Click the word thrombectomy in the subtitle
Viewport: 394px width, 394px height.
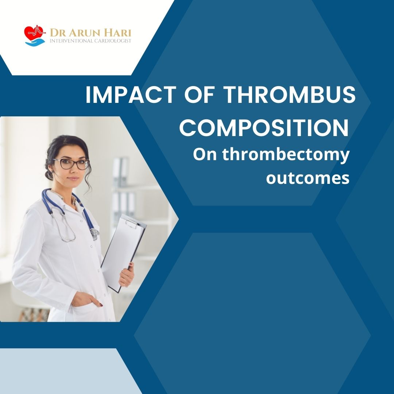coord(286,155)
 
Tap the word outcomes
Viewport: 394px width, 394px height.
coord(308,178)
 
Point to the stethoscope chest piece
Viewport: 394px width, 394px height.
coord(95,234)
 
